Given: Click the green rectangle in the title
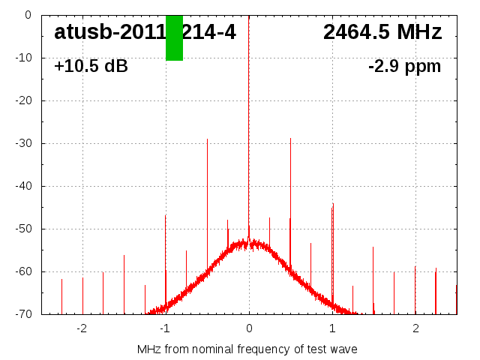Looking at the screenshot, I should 174,37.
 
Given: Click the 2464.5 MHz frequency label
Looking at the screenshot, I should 382,32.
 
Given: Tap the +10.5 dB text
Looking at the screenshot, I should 91,66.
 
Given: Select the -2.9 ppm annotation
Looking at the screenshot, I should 404,66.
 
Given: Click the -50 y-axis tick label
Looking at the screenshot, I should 21,229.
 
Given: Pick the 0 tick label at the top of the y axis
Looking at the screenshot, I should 27,15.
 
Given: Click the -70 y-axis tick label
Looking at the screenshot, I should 21,314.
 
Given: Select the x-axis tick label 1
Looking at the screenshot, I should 332,328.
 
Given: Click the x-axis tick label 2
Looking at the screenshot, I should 415,328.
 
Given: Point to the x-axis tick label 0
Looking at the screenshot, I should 249,328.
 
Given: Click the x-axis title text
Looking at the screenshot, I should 247,349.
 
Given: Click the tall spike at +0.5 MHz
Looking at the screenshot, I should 291,187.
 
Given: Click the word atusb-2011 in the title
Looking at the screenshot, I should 109,32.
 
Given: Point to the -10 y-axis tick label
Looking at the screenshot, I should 21,58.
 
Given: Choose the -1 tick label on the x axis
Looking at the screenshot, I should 164,328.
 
